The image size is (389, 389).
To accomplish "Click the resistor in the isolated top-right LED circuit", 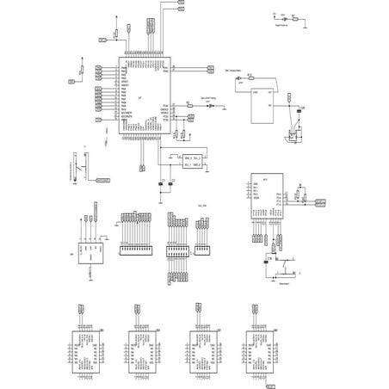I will click(x=296, y=16).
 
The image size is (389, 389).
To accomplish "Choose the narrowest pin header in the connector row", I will click(x=203, y=248).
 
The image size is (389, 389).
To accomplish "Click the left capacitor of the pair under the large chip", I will click(x=161, y=182).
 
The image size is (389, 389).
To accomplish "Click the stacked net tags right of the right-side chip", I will click(x=318, y=203).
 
